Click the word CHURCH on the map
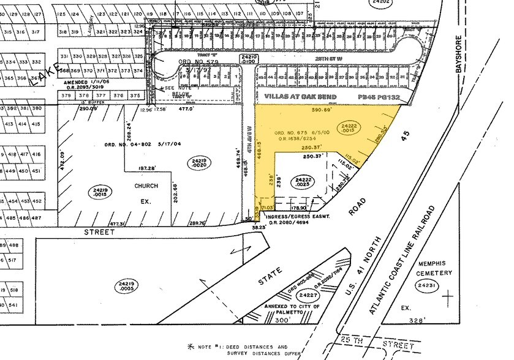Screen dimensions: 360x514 click(x=146, y=186)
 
